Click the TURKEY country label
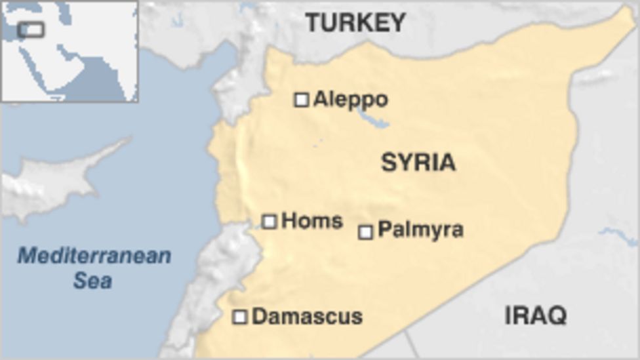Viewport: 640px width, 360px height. pos(356,24)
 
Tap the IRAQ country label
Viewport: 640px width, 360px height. pos(535,316)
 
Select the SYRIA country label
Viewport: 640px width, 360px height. pos(418,163)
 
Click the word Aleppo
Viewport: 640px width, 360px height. pos(350,100)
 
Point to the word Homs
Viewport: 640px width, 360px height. pos(311,221)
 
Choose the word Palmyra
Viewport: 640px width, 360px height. pos(420,230)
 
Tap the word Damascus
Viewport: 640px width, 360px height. pos(307,317)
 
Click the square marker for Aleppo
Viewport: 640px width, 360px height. pos(302,100)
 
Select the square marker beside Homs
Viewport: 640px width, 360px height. pos(270,222)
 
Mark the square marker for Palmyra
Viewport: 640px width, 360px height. pos(366,231)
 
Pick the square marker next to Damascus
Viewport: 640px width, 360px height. pos(241,317)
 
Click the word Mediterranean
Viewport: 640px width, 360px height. pos(94,256)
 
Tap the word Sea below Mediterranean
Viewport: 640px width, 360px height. pos(92,281)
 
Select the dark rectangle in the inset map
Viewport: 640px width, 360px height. pos(31,30)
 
